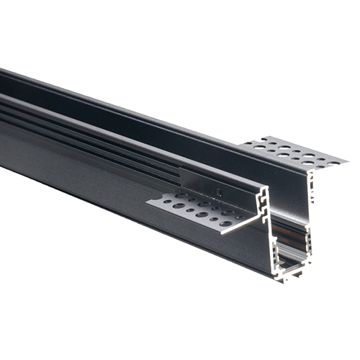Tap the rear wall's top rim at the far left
7,72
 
